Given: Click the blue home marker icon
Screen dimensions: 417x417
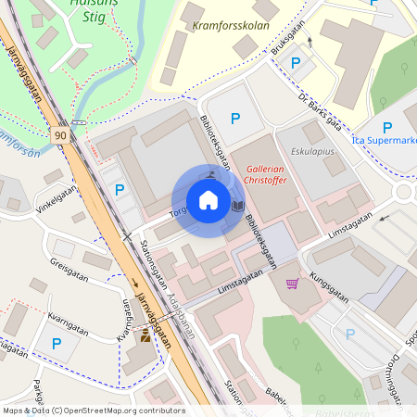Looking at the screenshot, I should [x=208, y=200].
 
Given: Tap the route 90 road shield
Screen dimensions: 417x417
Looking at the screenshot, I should [x=60, y=135].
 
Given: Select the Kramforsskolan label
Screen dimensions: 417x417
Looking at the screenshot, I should [x=232, y=26].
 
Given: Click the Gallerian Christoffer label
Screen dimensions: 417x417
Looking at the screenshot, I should [x=276, y=174].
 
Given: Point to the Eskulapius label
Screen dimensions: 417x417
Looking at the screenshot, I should [x=307, y=148].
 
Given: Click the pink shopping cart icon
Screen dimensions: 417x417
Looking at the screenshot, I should [x=293, y=284].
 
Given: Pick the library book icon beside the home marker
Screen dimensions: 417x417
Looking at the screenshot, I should [x=237, y=205].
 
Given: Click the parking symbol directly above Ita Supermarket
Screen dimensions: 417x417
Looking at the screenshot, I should [x=386, y=127].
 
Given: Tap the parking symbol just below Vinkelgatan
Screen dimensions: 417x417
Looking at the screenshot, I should [x=119, y=190].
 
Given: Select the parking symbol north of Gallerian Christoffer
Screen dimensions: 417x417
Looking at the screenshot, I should [x=235, y=118].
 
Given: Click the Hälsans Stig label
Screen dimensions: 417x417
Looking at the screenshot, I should [x=77, y=9].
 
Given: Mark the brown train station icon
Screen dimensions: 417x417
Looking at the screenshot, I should [x=145, y=337].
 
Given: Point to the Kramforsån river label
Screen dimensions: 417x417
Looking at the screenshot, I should [x=19, y=145].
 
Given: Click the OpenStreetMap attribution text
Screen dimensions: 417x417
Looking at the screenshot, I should [x=94, y=411].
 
